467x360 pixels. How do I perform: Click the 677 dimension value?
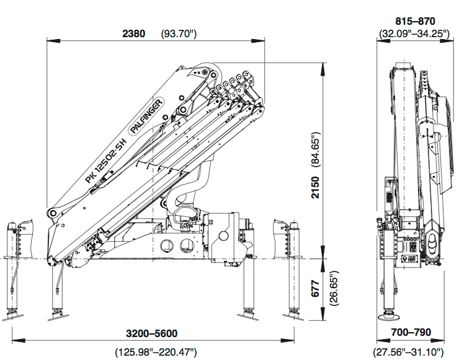(316, 289)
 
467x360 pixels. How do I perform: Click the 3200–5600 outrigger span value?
(153, 333)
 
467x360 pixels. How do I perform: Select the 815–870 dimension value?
(414, 21)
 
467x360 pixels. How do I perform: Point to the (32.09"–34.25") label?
(414, 34)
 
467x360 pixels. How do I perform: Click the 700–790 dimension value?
(411, 333)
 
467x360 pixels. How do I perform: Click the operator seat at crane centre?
(184, 217)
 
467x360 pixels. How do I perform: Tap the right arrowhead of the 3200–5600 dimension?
(293, 340)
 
